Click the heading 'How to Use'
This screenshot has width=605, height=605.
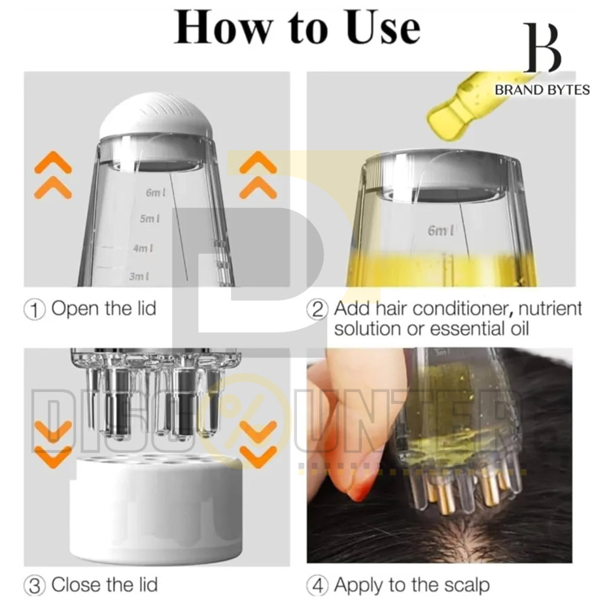tap(297, 28)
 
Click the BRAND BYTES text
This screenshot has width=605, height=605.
tap(542, 90)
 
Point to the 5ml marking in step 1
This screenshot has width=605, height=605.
tap(149, 219)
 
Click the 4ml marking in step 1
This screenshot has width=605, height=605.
tap(143, 247)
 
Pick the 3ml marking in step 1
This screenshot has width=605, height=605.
tap(139, 276)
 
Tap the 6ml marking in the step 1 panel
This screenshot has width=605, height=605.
tap(156, 192)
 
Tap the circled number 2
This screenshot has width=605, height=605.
tap(318, 309)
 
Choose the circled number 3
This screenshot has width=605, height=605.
tap(34, 585)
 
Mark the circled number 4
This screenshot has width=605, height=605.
tap(318, 585)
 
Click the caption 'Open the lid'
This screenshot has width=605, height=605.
tap(104, 309)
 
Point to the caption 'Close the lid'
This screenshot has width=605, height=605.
tap(105, 584)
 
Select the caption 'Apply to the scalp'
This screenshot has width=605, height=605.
tap(412, 585)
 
